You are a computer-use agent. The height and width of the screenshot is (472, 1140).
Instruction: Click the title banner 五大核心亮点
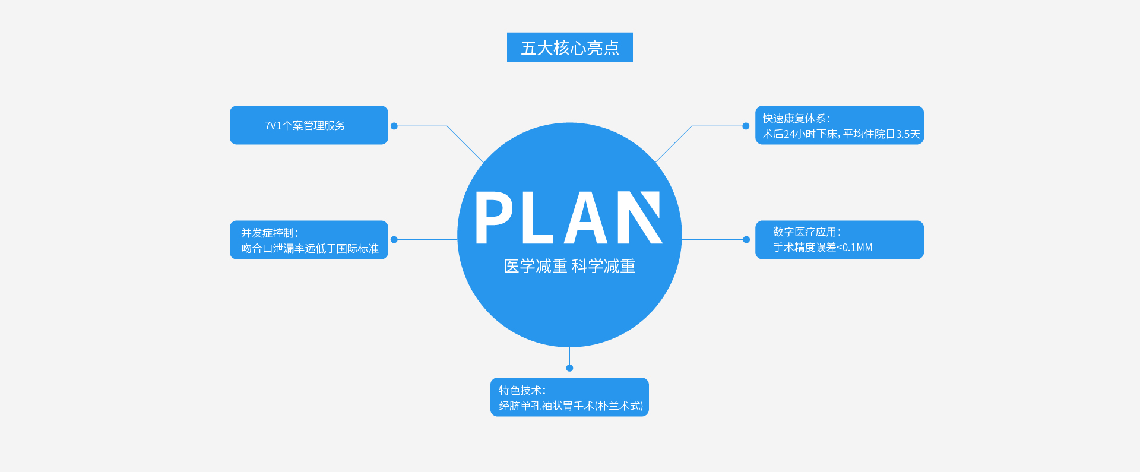pos(569,47)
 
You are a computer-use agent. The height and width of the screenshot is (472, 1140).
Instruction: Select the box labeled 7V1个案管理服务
pos(308,125)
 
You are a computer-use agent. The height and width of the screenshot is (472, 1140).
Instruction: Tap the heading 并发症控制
pos(270,233)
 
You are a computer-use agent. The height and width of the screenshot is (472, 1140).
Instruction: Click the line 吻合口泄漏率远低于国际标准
pos(309,248)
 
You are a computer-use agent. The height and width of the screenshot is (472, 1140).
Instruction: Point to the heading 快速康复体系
pos(796,118)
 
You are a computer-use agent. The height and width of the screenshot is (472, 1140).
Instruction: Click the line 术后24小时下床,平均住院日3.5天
pos(841,134)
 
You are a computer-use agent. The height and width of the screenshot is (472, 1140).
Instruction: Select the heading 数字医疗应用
pos(807,232)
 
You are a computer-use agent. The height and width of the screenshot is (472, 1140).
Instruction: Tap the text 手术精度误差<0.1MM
pos(822,247)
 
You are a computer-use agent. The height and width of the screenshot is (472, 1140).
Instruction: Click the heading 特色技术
pos(522,390)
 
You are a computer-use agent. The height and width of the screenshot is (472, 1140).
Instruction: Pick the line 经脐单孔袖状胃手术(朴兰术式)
pos(571,406)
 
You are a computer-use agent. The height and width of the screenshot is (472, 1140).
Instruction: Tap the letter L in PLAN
pos(537,218)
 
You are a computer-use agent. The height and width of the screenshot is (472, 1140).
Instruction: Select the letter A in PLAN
pos(586,218)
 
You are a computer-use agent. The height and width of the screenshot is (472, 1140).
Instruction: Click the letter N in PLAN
pos(639,218)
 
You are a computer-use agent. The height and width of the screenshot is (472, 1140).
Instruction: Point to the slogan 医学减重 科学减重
pos(569,266)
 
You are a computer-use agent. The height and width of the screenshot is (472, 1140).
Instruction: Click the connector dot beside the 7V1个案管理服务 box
pos(394,126)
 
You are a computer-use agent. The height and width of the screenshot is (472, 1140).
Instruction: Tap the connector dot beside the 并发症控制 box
pos(394,239)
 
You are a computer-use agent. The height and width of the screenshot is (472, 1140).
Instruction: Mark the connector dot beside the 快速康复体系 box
pos(746,126)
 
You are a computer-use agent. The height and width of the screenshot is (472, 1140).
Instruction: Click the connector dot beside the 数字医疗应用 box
pos(746,239)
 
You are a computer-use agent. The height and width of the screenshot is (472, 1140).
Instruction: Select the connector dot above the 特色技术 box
pos(569,368)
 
